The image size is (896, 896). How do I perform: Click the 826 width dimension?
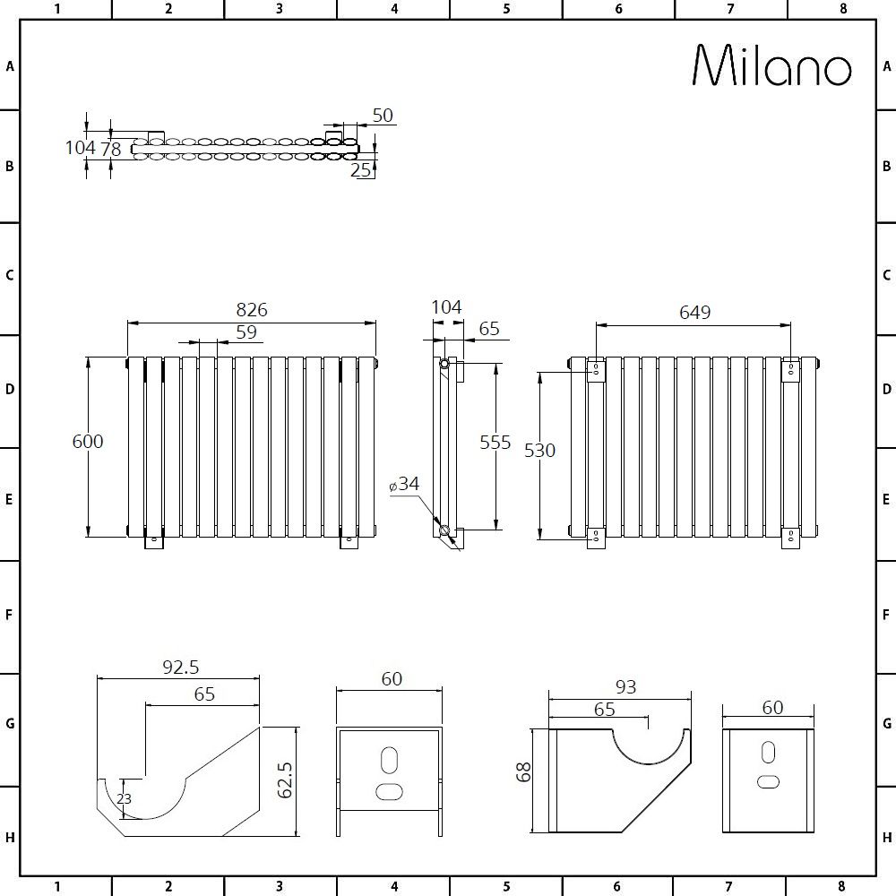point(252,310)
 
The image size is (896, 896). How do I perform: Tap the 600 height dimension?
point(89,441)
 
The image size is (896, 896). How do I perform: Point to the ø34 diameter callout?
point(404,485)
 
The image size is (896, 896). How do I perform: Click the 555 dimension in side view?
point(495,443)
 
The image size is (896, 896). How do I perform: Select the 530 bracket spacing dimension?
point(539,450)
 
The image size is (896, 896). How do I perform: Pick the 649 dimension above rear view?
point(694,312)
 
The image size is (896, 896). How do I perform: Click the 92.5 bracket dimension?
point(181,667)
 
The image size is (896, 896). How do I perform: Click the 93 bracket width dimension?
point(625,686)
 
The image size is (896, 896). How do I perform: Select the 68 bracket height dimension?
point(523,772)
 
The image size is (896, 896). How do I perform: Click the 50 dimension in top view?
point(383,116)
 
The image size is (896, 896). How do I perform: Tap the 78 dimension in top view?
point(111,149)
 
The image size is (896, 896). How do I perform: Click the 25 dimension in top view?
point(361,169)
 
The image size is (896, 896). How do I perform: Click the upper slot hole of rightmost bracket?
point(770,751)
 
